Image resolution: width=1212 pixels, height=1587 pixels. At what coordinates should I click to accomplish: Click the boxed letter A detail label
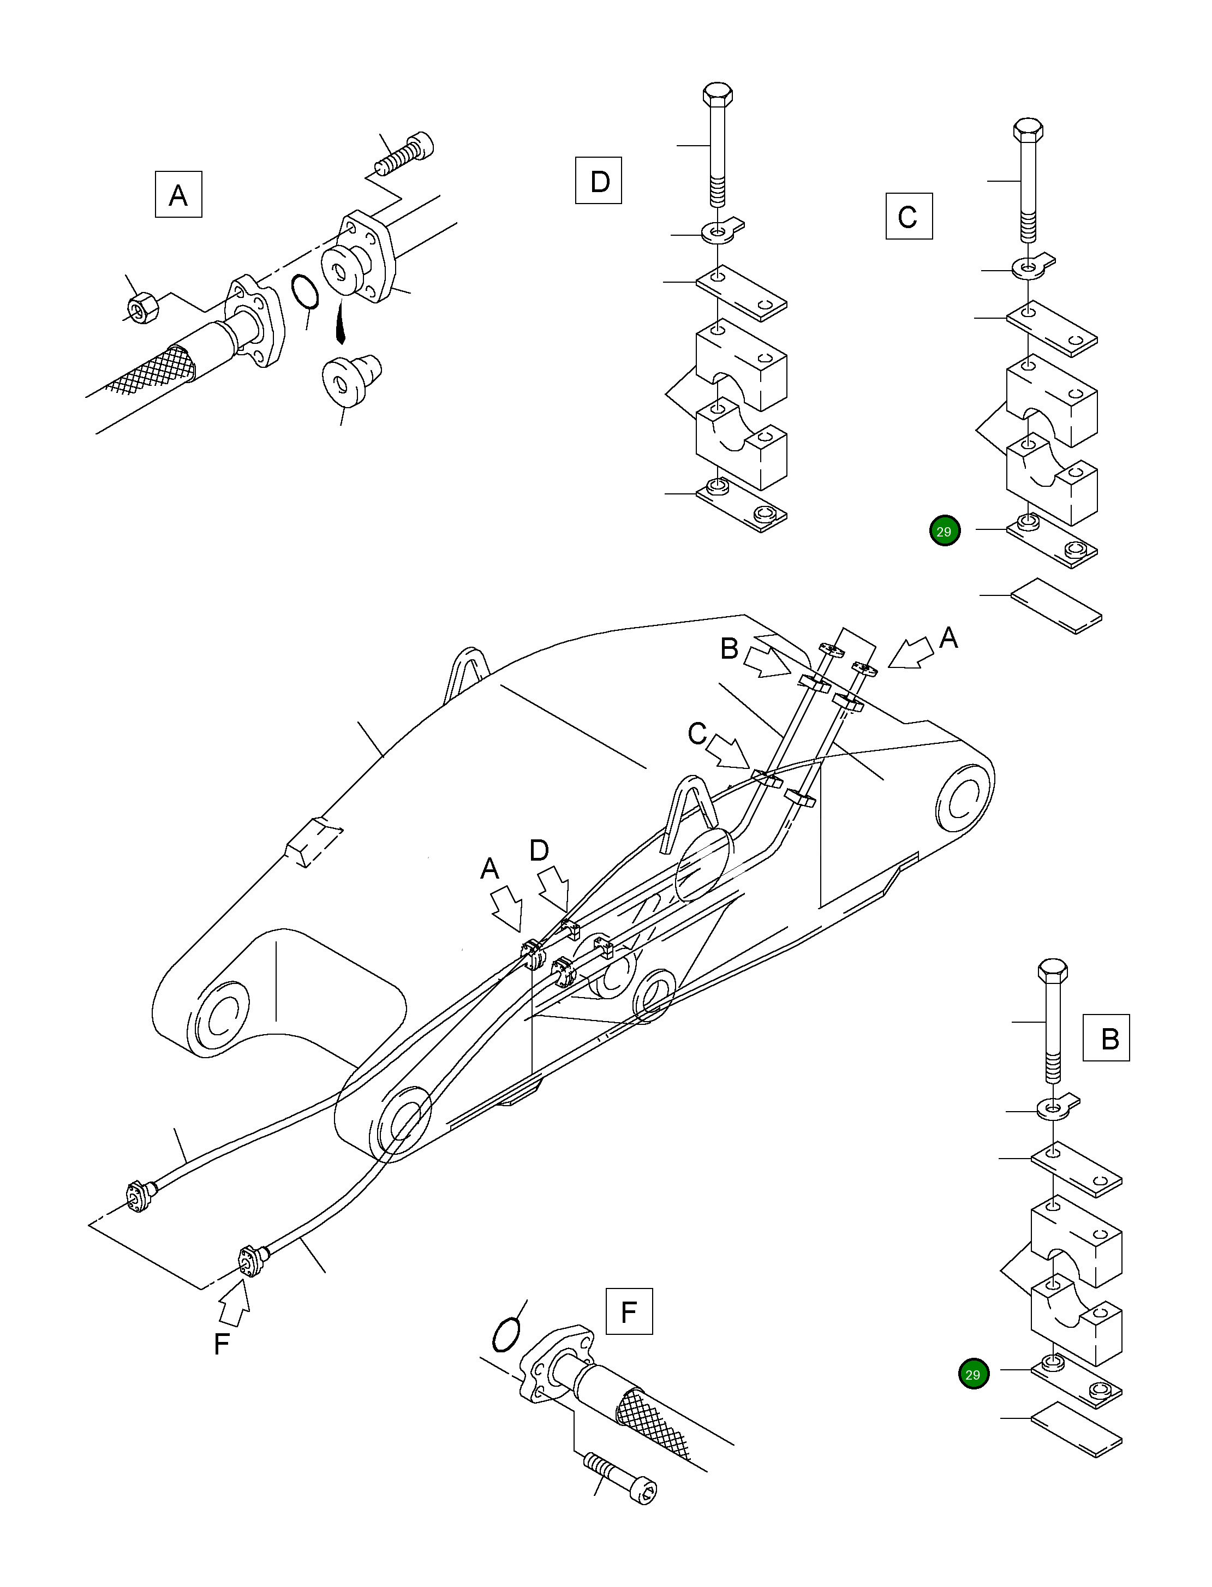[x=178, y=195]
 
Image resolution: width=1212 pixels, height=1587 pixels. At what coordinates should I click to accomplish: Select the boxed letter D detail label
[x=598, y=180]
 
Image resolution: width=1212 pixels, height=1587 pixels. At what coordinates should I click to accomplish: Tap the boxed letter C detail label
[x=909, y=217]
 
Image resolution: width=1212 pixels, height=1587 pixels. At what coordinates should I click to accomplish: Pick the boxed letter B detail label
[x=1106, y=1038]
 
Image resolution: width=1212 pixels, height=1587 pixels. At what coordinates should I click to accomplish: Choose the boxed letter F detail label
[x=629, y=1311]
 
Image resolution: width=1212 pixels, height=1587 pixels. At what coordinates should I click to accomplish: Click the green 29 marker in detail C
[x=945, y=532]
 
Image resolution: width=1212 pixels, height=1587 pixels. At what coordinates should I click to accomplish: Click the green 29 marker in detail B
[x=973, y=1374]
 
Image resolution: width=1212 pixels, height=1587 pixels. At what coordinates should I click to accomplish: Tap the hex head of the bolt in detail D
[x=717, y=95]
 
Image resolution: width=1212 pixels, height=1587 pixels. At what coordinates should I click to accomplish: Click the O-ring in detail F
[x=506, y=1335]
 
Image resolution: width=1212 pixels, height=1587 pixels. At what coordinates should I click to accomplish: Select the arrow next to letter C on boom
[x=729, y=753]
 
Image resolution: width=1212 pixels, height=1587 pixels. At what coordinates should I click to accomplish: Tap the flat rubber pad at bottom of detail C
[x=1055, y=605]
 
